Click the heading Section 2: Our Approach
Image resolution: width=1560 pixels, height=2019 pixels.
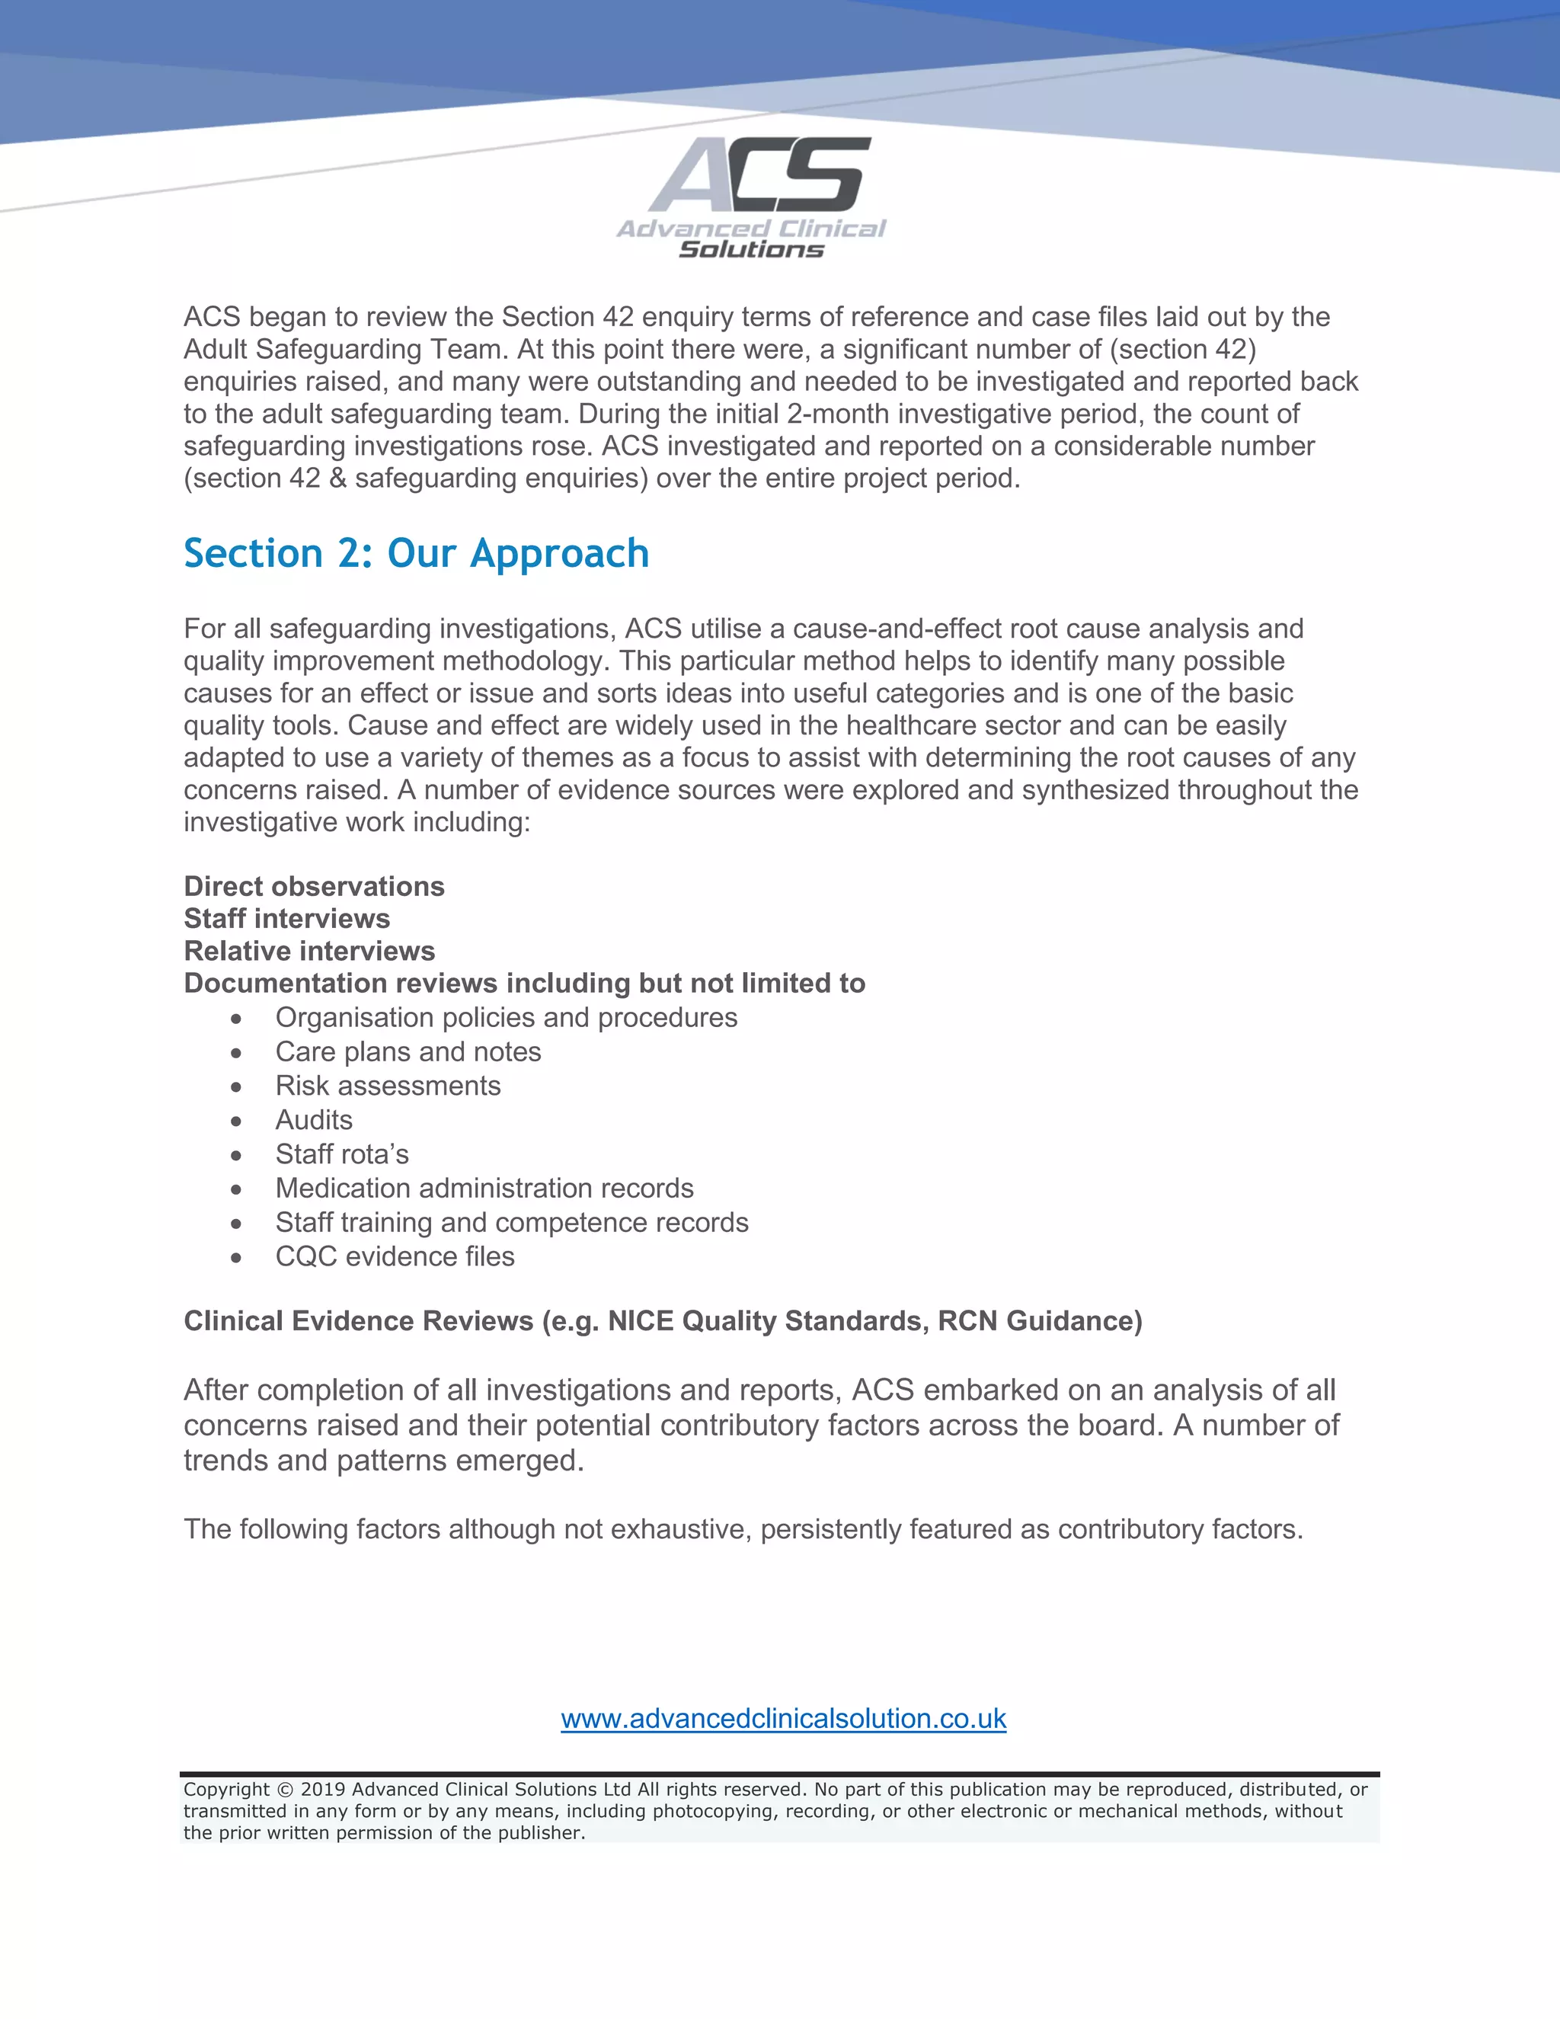coord(416,554)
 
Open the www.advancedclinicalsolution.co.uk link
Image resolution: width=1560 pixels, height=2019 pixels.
coord(783,1719)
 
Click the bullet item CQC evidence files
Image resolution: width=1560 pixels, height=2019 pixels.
coord(395,1256)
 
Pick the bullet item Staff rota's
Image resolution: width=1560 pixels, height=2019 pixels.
coord(342,1154)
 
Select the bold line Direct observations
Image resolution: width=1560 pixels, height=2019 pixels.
coord(315,887)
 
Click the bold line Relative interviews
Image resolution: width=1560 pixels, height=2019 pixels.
coord(309,952)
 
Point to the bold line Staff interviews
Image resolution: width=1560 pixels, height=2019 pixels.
coord(286,919)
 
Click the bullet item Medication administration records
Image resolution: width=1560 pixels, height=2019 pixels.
coord(484,1189)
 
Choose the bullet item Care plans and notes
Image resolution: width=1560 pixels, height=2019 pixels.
coord(408,1052)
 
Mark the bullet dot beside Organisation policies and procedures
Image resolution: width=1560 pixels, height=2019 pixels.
coord(237,1019)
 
